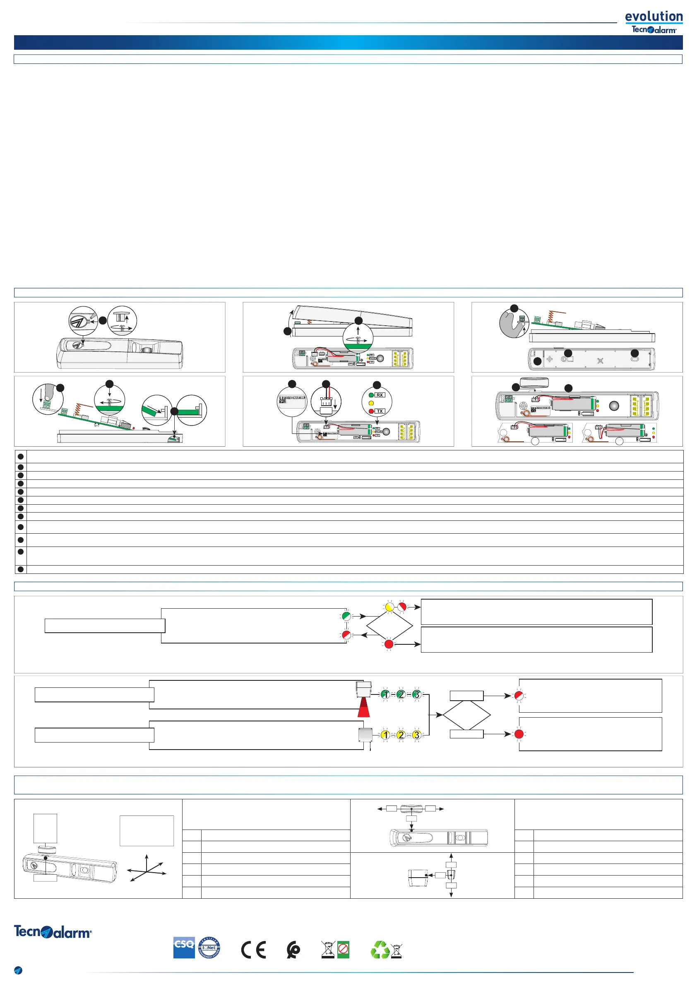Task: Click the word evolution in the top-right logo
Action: (653, 16)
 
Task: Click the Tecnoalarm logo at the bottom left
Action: (53, 932)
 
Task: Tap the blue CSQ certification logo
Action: (184, 948)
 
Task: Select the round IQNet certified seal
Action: (209, 948)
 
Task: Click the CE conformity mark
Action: (253, 950)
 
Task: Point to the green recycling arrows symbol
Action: (380, 950)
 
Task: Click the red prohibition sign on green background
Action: (343, 949)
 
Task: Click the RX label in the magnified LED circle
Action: (380, 395)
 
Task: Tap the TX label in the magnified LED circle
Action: (380, 411)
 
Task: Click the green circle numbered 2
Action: (401, 694)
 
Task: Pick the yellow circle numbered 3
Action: (416, 735)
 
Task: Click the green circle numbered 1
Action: (385, 694)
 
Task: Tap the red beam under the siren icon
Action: (364, 708)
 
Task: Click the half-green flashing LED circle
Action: (346, 616)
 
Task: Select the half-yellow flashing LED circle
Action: (389, 607)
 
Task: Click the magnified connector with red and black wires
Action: (326, 403)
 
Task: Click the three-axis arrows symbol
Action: (147, 868)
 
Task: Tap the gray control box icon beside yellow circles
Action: (365, 735)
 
